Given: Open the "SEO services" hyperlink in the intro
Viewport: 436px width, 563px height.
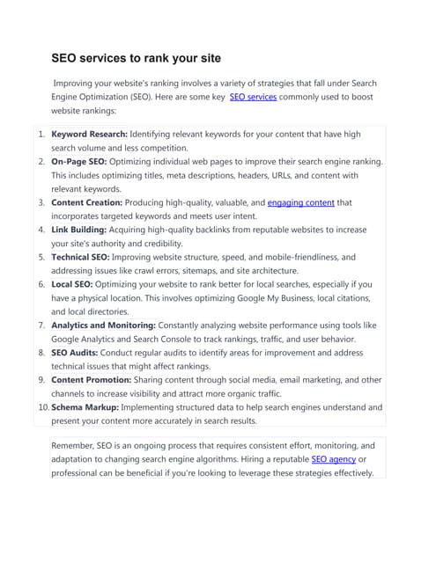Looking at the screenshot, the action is point(253,97).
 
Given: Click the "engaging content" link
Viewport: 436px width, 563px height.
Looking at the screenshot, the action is point(300,203).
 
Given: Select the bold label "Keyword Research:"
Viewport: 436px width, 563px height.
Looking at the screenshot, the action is point(89,135).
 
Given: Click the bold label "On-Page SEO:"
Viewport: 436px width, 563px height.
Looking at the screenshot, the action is point(79,163).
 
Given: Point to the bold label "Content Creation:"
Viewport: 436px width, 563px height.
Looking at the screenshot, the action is point(90,203).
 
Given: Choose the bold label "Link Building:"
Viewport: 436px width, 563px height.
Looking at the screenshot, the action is point(79,230).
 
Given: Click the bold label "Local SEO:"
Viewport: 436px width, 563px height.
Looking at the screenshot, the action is point(74,285).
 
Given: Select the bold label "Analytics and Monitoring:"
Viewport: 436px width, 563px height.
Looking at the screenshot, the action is point(104,325).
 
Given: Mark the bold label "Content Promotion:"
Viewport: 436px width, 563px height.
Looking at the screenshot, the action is point(92,380).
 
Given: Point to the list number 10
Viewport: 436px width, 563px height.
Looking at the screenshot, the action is point(42,407).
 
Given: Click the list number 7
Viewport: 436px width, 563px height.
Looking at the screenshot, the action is point(42,325).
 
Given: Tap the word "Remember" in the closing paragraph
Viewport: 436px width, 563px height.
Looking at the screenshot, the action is point(76,446).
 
